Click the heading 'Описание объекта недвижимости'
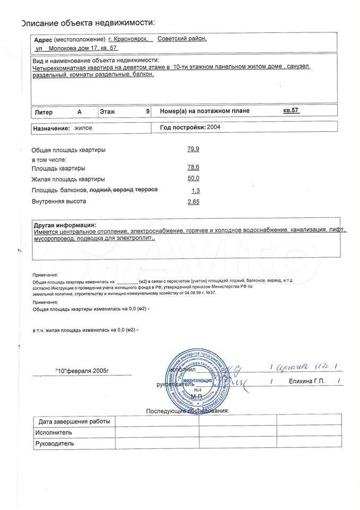coord(88,23)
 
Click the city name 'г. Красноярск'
coord(130,39)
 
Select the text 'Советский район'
coord(182,39)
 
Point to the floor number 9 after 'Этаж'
coord(148,112)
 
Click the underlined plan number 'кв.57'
coord(292,111)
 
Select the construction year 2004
coord(213,127)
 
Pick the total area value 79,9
coord(193,149)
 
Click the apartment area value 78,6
coord(193,168)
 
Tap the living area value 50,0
coord(193,178)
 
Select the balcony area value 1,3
coord(195,191)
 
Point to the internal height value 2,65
coord(193,202)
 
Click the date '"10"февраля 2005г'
coord(84,370)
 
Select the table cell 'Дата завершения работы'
coord(74,421)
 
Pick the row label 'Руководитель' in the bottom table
coord(55,443)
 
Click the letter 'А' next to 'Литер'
coord(80,112)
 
